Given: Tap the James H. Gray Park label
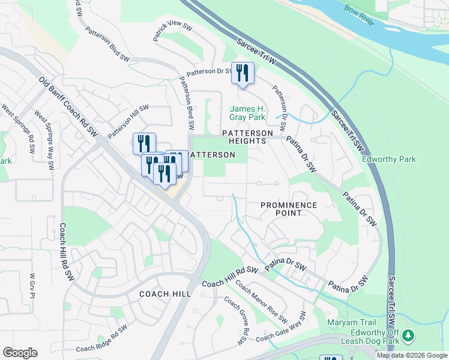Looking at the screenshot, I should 247,113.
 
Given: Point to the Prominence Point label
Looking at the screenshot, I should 289,209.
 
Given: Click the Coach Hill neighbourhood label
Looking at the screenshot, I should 164,294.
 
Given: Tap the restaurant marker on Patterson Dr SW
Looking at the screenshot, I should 243,73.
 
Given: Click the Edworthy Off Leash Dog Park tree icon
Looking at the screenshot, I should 408,335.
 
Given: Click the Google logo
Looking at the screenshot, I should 20,353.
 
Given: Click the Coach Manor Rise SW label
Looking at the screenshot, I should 262,301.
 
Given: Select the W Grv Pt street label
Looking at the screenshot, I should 33,287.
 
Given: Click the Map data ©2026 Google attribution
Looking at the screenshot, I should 411,355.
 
